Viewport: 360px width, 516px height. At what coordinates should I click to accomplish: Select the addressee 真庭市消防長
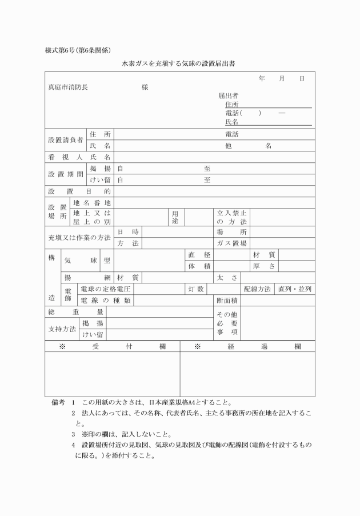[x=67, y=88]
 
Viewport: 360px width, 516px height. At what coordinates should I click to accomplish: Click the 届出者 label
[x=228, y=95]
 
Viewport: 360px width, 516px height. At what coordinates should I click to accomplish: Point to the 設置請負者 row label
[x=65, y=140]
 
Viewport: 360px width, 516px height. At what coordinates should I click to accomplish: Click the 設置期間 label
[x=65, y=174]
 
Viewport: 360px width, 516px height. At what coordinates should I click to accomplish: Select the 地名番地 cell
[x=92, y=202]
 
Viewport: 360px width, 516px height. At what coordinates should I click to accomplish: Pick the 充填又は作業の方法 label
[x=79, y=237]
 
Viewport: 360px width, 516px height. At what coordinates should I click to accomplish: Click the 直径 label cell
[x=199, y=254]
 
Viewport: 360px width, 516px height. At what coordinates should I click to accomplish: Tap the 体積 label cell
[x=199, y=266]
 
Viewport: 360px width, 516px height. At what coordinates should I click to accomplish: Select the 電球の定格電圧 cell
[x=106, y=289]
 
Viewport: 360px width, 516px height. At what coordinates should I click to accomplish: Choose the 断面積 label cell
[x=227, y=300]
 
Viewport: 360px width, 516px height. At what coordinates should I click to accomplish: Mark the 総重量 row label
[x=75, y=311]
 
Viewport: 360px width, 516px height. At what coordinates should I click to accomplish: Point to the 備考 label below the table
[x=58, y=402]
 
